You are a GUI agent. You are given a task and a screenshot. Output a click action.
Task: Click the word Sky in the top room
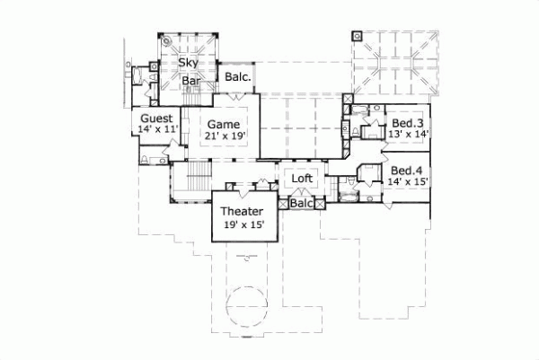[187, 63]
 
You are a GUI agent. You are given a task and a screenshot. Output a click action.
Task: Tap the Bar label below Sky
[190, 81]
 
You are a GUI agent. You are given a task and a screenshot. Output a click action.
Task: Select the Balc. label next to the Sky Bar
[238, 77]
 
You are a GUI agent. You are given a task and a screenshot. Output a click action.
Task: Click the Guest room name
[156, 118]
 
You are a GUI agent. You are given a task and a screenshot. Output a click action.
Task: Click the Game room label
[223, 123]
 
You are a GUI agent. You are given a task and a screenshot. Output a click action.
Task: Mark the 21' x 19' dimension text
[223, 136]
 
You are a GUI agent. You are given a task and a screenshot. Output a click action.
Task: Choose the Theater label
[243, 212]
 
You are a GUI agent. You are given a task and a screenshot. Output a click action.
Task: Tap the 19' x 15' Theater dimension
[243, 224]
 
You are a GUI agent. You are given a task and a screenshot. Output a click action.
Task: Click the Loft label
[303, 179]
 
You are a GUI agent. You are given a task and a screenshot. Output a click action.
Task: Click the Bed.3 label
[406, 122]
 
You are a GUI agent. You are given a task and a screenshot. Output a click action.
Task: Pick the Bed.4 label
[406, 171]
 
